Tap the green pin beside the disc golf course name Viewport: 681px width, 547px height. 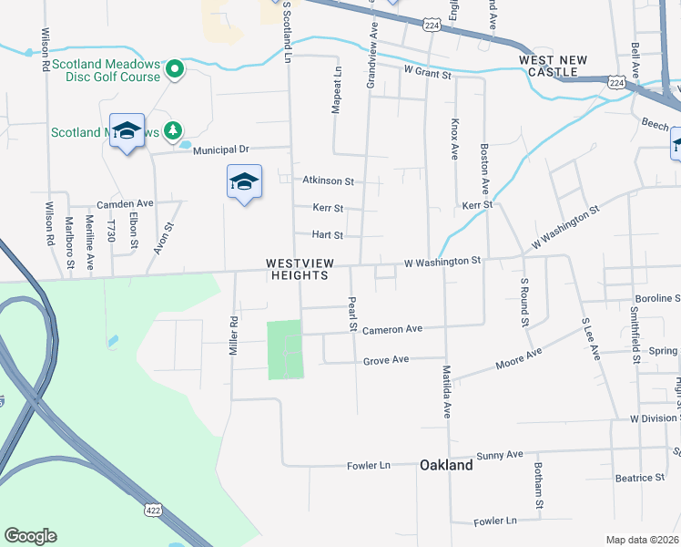(173, 68)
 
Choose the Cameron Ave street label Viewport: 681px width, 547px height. (392, 329)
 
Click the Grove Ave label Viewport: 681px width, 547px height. (386, 361)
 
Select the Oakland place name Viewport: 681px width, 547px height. (446, 465)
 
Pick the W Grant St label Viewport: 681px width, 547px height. (427, 70)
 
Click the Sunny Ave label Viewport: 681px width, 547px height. (502, 454)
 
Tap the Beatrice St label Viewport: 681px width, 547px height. (639, 478)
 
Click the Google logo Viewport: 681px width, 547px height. (30, 536)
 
